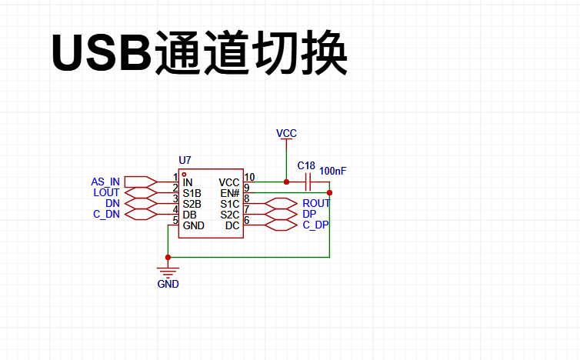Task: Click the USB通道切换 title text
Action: pos(199,52)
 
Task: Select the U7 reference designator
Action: pos(185,160)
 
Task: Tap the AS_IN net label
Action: pos(105,182)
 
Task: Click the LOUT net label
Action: pos(106,192)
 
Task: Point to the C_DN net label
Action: pos(106,214)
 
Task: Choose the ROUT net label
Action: pos(316,204)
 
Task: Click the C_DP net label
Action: pos(315,225)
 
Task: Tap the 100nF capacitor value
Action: pos(333,171)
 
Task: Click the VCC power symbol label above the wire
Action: pos(286,133)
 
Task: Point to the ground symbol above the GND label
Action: pos(168,272)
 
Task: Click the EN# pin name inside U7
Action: pos(230,194)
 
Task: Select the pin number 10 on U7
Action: pos(250,177)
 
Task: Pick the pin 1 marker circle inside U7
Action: pos(184,175)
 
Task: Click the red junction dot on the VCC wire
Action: pos(286,182)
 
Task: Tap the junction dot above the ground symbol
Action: pos(168,257)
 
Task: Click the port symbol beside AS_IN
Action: pos(141,182)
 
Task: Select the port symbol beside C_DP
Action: pos(281,225)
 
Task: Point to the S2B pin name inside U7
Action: pos(192,205)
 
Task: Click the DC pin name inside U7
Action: pos(232,225)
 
